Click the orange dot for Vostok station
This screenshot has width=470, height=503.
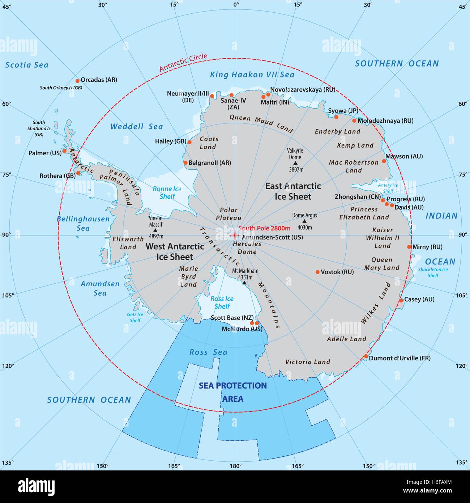pos(317,272)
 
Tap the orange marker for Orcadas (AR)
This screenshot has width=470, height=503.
pos(77,81)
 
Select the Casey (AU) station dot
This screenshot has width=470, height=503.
pos(401,300)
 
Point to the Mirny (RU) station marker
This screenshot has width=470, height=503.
pos(409,247)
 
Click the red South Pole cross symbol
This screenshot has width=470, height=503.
pos(235,236)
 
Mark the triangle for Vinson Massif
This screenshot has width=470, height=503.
pos(155,230)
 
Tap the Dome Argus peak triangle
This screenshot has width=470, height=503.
pos(304,221)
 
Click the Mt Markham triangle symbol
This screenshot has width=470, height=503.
pos(244,283)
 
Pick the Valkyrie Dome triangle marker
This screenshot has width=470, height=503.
pos(295,163)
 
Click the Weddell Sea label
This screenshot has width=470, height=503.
pos(137,127)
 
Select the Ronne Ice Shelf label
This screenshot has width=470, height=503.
pos(167,193)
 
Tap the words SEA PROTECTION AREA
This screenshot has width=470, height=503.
pos(233,392)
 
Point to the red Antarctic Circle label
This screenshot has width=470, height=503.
pos(183,63)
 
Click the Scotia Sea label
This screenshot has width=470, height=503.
pos(27,65)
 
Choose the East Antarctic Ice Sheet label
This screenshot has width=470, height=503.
pos(293,191)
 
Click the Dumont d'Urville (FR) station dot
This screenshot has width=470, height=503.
pos(366,356)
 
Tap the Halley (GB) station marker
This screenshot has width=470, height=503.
pos(189,142)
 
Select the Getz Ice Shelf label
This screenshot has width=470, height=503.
pos(135,317)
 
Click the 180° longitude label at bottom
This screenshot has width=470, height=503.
pos(235,466)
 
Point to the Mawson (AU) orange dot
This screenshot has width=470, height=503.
pos(384,161)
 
